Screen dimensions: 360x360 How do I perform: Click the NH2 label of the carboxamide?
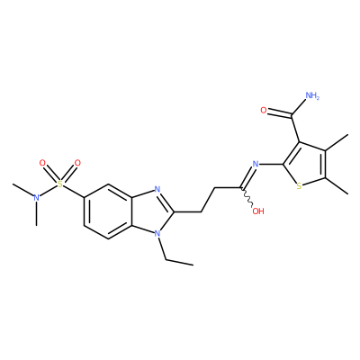click(x=312, y=96)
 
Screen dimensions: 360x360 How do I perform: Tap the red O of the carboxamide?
click(x=264, y=111)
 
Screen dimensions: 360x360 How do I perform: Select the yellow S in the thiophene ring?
click(x=299, y=186)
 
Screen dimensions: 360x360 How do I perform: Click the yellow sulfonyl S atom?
click(x=60, y=184)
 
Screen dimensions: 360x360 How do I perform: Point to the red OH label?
click(x=258, y=211)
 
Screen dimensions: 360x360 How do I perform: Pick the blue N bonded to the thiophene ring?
click(x=256, y=164)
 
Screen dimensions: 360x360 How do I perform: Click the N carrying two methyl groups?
click(x=37, y=198)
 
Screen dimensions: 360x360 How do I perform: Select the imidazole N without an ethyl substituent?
click(x=157, y=189)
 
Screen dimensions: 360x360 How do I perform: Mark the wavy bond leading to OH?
click(x=247, y=196)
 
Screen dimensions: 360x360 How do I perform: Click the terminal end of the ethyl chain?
click(x=193, y=265)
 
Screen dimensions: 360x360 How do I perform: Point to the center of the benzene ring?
click(x=108, y=211)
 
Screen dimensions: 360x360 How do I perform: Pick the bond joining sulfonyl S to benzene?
click(x=74, y=191)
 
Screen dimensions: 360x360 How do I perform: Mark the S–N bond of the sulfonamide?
click(x=49, y=191)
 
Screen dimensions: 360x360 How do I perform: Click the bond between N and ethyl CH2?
click(x=161, y=248)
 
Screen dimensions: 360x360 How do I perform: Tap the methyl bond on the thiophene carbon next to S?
click(x=337, y=186)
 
